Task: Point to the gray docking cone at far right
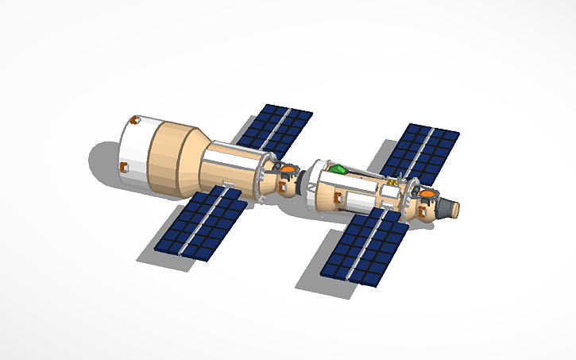pyautogui.click(x=450, y=208)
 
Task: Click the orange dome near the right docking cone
pyautogui.click(x=427, y=193)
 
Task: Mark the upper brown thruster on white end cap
pyautogui.click(x=133, y=121)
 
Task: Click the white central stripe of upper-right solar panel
pyautogui.click(x=422, y=152)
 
